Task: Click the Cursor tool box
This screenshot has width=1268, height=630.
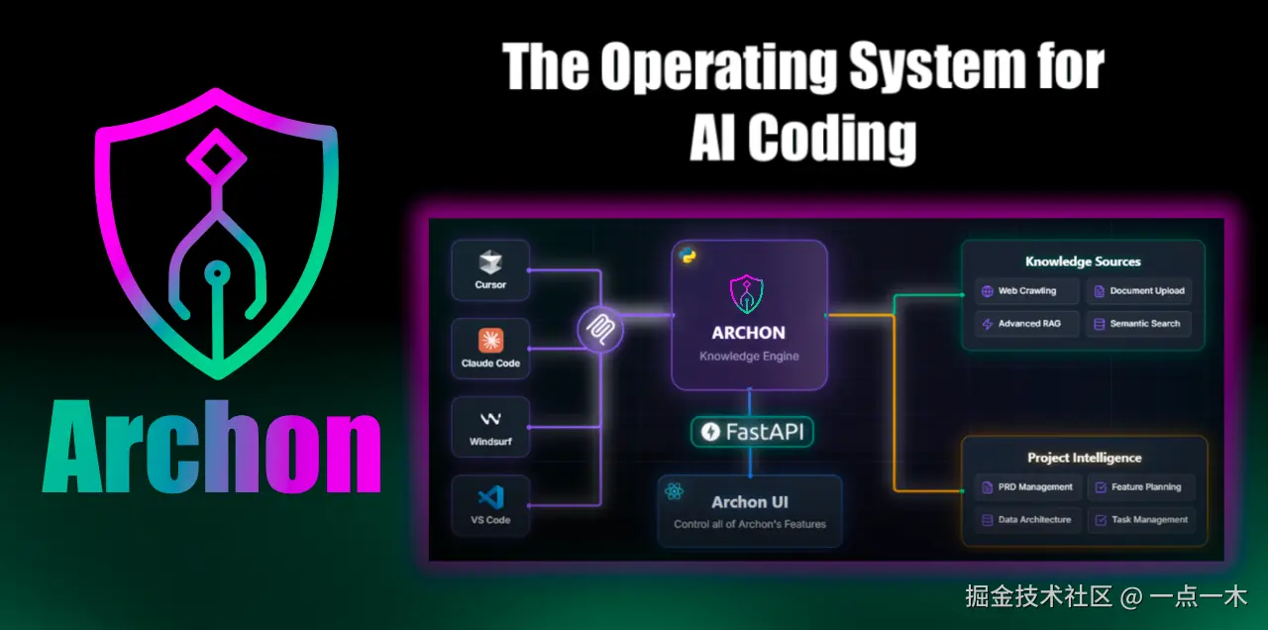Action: (490, 270)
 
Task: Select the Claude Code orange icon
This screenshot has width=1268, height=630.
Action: (490, 341)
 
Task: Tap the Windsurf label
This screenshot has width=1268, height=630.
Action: (490, 441)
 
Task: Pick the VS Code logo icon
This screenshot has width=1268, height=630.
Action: (490, 496)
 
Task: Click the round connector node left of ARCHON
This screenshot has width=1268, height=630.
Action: (600, 330)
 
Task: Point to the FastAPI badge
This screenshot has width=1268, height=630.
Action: (752, 432)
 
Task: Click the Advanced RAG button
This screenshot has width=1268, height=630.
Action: (1025, 324)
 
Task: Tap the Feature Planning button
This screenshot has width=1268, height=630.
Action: (1140, 487)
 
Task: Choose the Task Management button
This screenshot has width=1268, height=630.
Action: (1140, 519)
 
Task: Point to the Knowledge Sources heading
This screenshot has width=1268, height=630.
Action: (1083, 262)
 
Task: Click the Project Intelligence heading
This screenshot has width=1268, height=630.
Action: (1084, 458)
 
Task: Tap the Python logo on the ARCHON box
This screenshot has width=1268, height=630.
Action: (686, 255)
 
